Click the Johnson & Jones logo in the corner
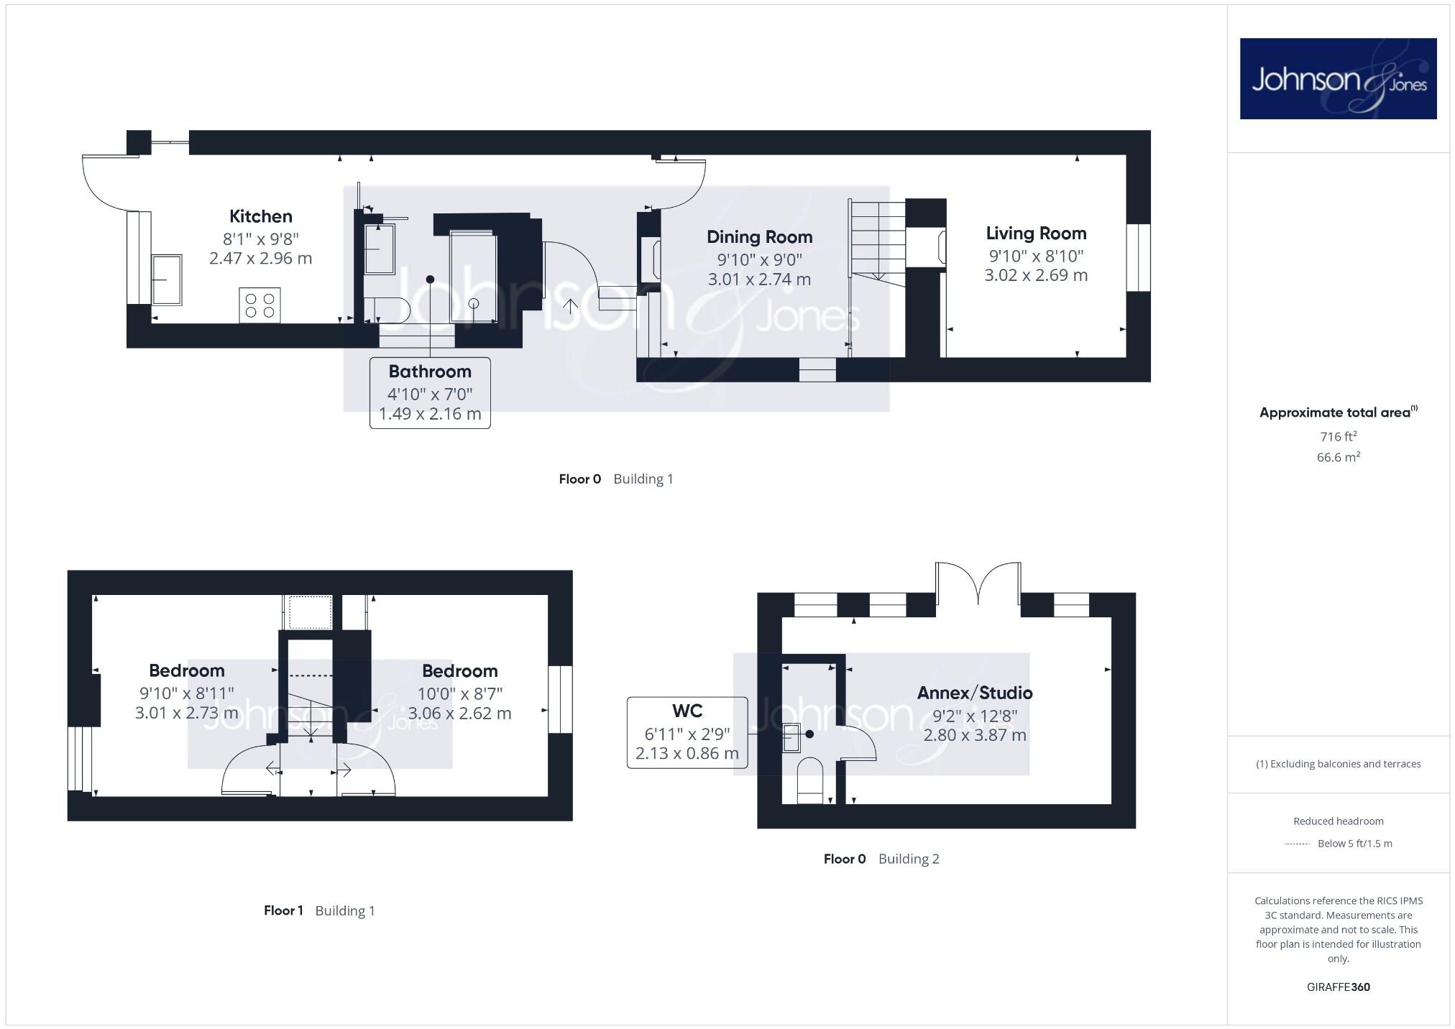[x=1337, y=79]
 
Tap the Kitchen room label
[x=260, y=216]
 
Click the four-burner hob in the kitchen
[x=260, y=305]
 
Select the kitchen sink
[x=167, y=279]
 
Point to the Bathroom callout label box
[x=430, y=392]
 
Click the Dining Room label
[x=759, y=237]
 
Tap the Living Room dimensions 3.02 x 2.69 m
[x=1035, y=275]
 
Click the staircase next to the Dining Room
[x=876, y=241]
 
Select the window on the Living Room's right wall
[x=1138, y=257]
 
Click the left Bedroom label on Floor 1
[x=187, y=670]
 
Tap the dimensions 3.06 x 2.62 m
[x=459, y=714]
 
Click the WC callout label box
[x=687, y=732]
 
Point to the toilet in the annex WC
[x=809, y=777]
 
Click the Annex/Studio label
[x=974, y=693]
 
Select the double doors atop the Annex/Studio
[x=978, y=583]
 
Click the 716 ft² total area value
[x=1338, y=436]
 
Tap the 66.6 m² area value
[x=1338, y=457]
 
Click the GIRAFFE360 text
[x=1338, y=987]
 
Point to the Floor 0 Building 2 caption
[x=881, y=859]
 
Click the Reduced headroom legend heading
[x=1338, y=821]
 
